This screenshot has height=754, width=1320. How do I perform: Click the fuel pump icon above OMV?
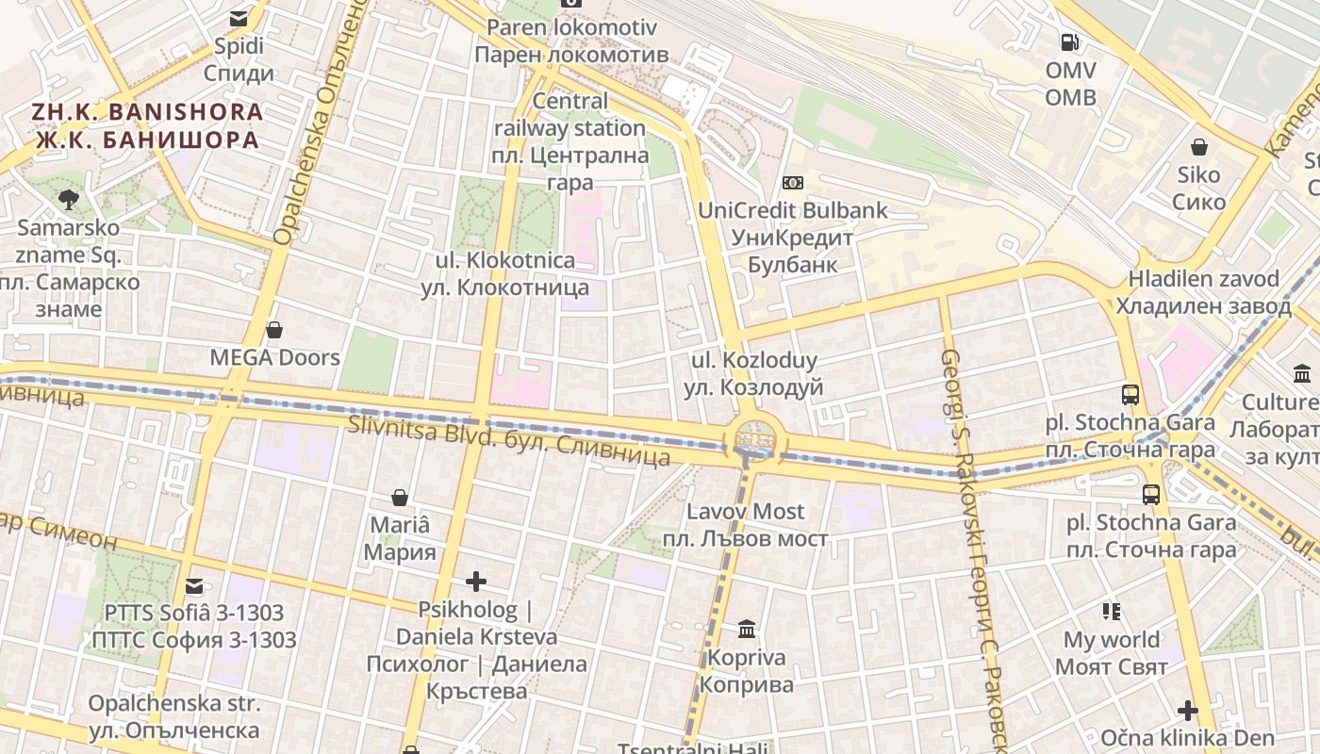click(x=1069, y=41)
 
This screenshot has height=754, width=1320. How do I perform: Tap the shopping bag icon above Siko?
click(x=1199, y=147)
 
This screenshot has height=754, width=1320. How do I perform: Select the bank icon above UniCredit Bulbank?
click(x=793, y=183)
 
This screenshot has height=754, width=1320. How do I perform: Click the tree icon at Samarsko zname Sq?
click(x=68, y=199)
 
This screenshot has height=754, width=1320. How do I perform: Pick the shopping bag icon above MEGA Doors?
click(x=274, y=330)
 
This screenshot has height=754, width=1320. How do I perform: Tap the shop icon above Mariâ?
click(x=400, y=497)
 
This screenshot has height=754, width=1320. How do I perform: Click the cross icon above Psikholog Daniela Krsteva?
click(x=476, y=582)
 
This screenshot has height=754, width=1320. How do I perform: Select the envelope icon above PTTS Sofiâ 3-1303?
click(x=194, y=586)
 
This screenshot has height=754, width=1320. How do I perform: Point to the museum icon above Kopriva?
click(x=747, y=629)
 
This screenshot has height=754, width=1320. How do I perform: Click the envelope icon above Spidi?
click(x=239, y=18)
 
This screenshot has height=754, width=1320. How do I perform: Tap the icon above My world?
click(x=1113, y=612)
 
